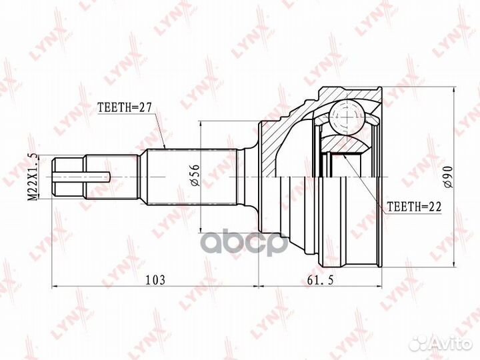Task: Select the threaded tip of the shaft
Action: click(x=69, y=177)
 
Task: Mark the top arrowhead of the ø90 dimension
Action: click(x=455, y=87)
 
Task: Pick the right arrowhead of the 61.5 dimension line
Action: click(x=383, y=287)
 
